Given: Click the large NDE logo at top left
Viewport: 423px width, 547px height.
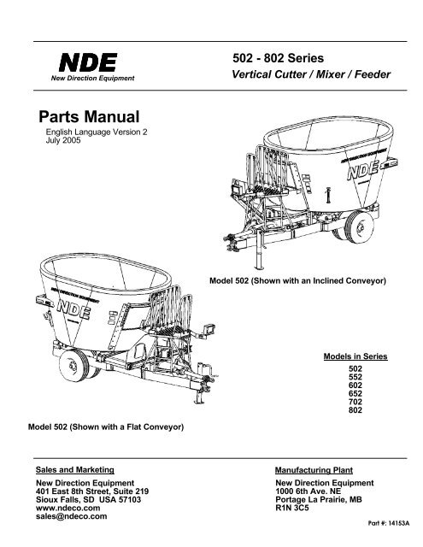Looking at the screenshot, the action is click(88, 62).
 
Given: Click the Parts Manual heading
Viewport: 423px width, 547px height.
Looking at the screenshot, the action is click(89, 116).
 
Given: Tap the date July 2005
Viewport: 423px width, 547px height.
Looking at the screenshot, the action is click(63, 140).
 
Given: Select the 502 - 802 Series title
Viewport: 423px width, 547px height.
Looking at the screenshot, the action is click(279, 58).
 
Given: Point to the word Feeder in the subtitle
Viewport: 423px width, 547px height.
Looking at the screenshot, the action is click(373, 74).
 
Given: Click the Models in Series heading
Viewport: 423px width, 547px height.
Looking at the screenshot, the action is click(355, 356).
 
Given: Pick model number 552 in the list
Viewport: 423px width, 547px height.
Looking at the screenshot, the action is click(355, 377).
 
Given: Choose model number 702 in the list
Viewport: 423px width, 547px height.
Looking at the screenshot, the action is click(355, 402).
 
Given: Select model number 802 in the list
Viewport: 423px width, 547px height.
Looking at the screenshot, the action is click(355, 410).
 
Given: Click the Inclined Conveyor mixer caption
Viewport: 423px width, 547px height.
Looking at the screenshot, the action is click(297, 281).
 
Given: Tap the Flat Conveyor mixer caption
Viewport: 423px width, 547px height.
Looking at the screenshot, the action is click(106, 427).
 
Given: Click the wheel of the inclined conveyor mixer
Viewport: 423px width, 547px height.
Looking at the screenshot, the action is click(358, 227).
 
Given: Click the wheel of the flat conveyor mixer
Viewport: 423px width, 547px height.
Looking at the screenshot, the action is click(74, 366).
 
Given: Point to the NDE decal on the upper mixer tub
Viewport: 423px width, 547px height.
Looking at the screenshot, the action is click(363, 171).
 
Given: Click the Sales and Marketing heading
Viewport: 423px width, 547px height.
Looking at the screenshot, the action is click(75, 470).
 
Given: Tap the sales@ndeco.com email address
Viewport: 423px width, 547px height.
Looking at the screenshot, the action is click(72, 516).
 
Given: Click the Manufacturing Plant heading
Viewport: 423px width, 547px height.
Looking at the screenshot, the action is click(314, 470).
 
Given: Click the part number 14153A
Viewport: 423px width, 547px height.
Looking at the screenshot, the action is click(389, 523).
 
